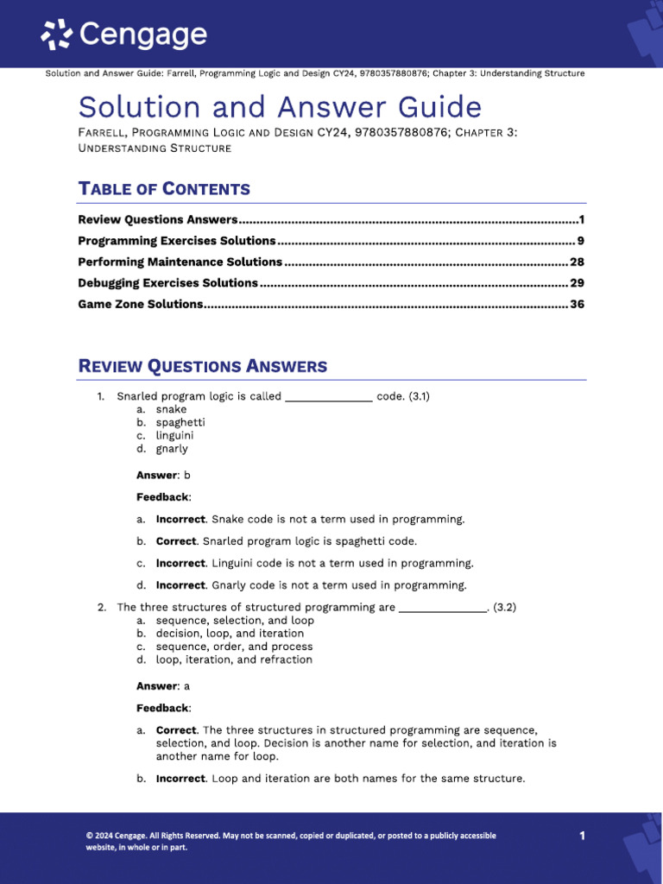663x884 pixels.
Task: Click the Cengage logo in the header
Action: [124, 35]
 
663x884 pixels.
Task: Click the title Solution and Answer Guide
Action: [280, 107]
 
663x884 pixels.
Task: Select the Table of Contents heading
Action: [164, 189]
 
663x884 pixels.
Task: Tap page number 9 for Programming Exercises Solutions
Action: [581, 241]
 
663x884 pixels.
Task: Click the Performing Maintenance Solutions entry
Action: [180, 262]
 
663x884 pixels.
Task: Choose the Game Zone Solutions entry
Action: [141, 304]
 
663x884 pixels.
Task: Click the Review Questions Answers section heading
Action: [203, 366]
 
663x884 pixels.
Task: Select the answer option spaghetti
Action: [180, 423]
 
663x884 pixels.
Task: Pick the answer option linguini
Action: [174, 436]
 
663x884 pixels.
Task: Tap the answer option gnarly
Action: [172, 449]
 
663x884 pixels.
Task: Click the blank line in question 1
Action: [328, 398]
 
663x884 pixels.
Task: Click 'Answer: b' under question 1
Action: [163, 475]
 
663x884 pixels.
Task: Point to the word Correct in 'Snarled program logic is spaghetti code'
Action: [176, 541]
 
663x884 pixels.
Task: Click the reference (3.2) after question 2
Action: [504, 608]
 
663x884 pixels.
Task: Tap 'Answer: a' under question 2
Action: [163, 686]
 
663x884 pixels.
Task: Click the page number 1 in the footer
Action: [582, 836]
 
